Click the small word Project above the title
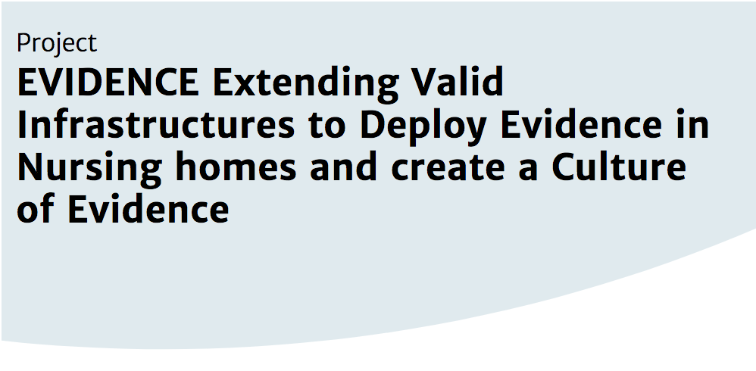coord(57,43)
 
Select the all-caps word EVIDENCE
coord(108,83)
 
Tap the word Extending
coord(306,85)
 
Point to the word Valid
coord(457,82)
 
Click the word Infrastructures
coord(156,124)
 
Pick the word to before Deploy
coord(327,126)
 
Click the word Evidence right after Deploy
coord(582,124)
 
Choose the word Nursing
coord(89,169)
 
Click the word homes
coord(236,167)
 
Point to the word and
coord(343,167)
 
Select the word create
coord(447,169)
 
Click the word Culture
coord(619,167)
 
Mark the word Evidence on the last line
coord(148,209)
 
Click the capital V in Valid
coord(423,83)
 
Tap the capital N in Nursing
coord(30,167)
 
